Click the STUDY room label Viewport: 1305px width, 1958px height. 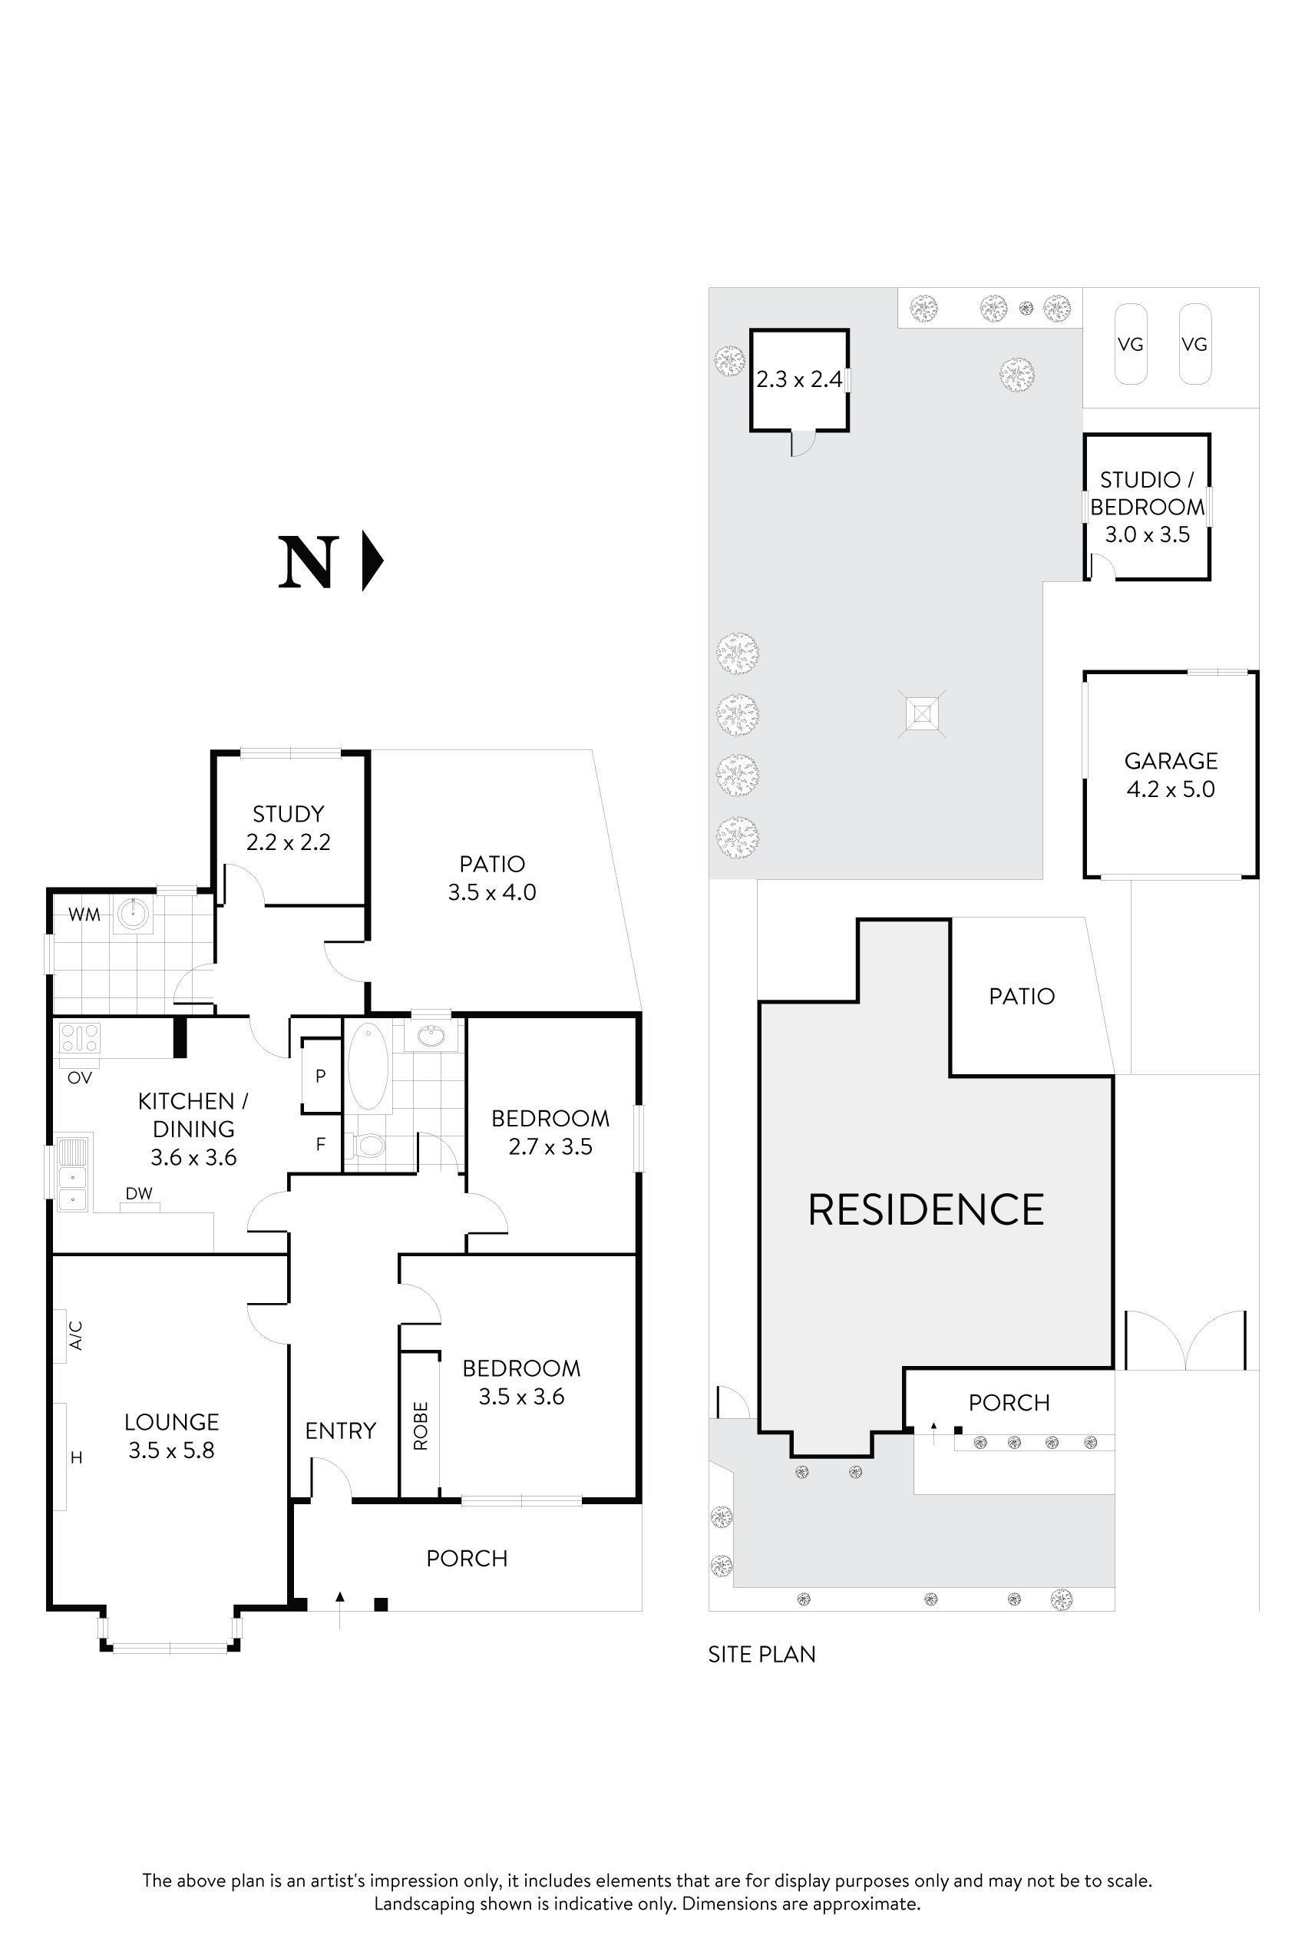pyautogui.click(x=288, y=813)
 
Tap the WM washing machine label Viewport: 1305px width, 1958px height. pyautogui.click(x=84, y=915)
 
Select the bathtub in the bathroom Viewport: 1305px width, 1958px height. pyautogui.click(x=368, y=1067)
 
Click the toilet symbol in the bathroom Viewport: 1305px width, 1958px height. pyautogui.click(x=368, y=1146)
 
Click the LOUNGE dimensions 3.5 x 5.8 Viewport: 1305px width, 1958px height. pyautogui.click(x=171, y=1450)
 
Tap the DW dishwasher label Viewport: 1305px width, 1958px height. pyautogui.click(x=139, y=1194)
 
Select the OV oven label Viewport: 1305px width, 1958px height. pyautogui.click(x=80, y=1078)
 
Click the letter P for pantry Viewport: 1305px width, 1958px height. pyautogui.click(x=320, y=1077)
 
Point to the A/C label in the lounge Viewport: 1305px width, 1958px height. pyautogui.click(x=76, y=1335)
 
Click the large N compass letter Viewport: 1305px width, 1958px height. pyautogui.click(x=308, y=564)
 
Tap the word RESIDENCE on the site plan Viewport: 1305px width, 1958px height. pyautogui.click(x=926, y=1210)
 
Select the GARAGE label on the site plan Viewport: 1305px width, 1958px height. pyautogui.click(x=1170, y=761)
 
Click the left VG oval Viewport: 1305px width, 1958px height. pyautogui.click(x=1130, y=344)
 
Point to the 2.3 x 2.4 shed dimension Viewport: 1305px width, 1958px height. pyautogui.click(x=798, y=379)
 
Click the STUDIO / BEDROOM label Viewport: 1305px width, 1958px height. pyautogui.click(x=1147, y=493)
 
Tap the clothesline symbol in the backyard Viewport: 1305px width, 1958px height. pyautogui.click(x=922, y=714)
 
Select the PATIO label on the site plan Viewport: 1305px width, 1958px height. pyautogui.click(x=1021, y=997)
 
